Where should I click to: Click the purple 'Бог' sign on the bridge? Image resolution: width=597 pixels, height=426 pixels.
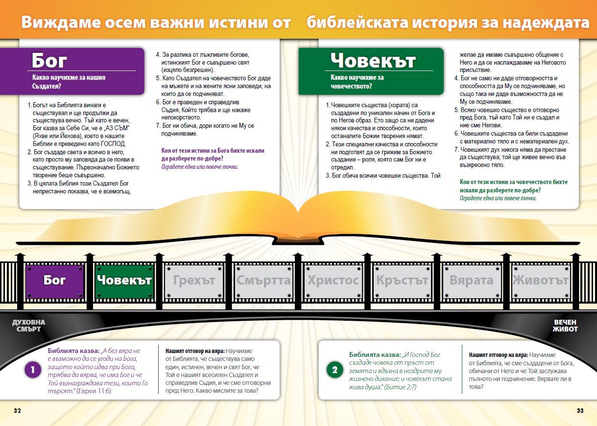[x=55, y=281]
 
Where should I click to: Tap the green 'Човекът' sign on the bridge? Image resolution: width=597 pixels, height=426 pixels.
[x=124, y=281]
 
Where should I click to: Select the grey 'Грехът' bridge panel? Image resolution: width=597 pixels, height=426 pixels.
[x=194, y=281]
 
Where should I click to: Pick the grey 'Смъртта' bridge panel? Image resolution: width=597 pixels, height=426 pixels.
[x=263, y=281]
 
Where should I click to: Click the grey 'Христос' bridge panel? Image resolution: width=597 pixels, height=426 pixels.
[x=333, y=281]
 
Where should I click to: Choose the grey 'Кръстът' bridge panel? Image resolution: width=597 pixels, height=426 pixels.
[x=402, y=281]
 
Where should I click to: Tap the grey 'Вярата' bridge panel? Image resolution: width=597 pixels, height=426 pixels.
[x=472, y=281]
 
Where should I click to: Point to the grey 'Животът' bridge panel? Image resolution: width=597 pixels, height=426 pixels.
[x=541, y=281]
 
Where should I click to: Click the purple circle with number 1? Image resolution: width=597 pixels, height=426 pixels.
[x=33, y=370]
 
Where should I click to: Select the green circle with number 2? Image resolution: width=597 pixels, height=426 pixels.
[x=335, y=370]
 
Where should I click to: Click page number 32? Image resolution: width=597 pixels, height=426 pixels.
[x=17, y=410]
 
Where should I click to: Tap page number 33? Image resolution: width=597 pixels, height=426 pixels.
[x=580, y=410]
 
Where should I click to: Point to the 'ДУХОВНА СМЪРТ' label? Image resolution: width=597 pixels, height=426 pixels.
[x=28, y=326]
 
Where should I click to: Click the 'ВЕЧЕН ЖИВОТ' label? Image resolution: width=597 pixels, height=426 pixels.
[x=565, y=326]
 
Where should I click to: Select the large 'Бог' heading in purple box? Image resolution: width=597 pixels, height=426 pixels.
[x=49, y=61]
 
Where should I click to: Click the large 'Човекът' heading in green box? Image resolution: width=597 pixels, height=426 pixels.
[x=373, y=61]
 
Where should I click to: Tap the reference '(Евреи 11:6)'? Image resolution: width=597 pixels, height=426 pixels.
[x=94, y=391]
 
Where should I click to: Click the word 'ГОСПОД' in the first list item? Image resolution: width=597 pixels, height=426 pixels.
[x=113, y=144]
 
